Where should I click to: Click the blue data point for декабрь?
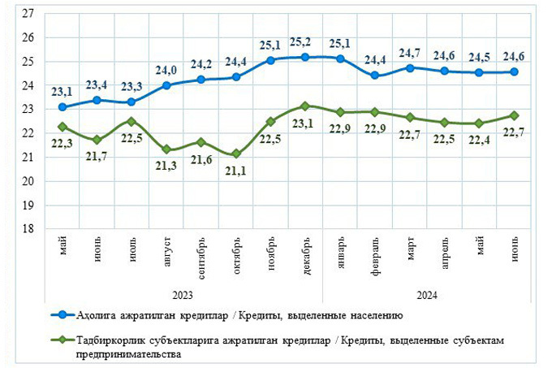pos(305,57)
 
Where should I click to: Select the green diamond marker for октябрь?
pos(236,154)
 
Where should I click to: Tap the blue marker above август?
pos(166,85)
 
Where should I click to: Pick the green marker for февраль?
pos(374,112)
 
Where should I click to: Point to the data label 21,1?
pos(236,171)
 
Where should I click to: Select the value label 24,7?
pos(409,53)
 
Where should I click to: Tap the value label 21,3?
pos(166,166)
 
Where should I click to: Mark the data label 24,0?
pos(166,69)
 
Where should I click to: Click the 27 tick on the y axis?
pos(28,14)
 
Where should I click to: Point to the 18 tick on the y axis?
pos(28,228)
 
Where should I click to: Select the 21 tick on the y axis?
pos(28,157)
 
